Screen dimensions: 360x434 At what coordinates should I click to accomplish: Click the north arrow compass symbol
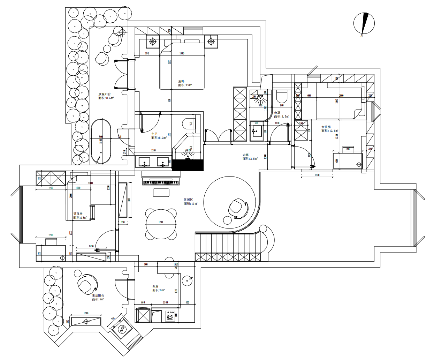click(364, 24)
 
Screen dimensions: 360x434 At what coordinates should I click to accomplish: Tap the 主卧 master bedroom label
click(181, 81)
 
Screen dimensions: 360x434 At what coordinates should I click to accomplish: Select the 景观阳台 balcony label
click(105, 94)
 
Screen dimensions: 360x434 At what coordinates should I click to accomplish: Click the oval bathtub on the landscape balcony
click(101, 142)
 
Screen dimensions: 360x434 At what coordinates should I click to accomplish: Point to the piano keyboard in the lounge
click(161, 182)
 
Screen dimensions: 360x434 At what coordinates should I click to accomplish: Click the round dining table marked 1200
click(161, 224)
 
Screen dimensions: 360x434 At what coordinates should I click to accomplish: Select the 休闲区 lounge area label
click(188, 200)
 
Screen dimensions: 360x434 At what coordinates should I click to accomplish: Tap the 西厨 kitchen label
click(155, 286)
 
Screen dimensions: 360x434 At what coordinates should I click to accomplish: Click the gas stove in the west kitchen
click(170, 317)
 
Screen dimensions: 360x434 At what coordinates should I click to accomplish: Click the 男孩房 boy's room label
click(78, 214)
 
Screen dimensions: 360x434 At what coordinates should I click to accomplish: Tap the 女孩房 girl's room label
click(326, 127)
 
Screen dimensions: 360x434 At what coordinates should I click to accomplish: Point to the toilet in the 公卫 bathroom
click(281, 96)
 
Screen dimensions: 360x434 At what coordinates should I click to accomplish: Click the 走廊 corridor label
click(246, 155)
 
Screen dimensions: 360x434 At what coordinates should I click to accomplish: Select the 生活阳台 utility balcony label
click(98, 295)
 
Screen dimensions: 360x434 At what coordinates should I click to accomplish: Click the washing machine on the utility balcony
click(122, 329)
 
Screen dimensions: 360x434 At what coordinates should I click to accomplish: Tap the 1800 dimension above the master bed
click(182, 53)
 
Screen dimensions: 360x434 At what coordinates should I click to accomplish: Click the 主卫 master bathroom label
click(154, 134)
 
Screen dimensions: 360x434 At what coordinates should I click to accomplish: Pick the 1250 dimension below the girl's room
click(317, 175)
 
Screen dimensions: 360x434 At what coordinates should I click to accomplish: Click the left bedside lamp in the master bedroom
click(153, 42)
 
